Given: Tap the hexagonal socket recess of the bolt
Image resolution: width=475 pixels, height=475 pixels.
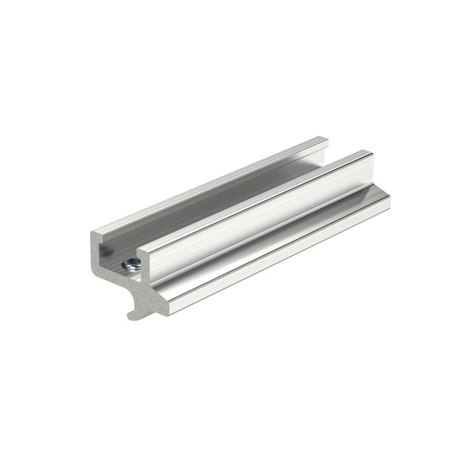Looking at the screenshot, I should pos(132,262).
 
